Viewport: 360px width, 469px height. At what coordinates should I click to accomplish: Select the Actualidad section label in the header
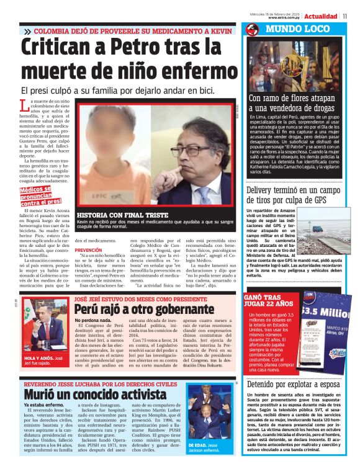tap(320, 16)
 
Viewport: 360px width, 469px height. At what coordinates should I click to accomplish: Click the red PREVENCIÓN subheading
tap(88, 250)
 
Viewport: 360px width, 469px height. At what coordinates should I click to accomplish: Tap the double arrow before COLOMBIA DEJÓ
tap(27, 31)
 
